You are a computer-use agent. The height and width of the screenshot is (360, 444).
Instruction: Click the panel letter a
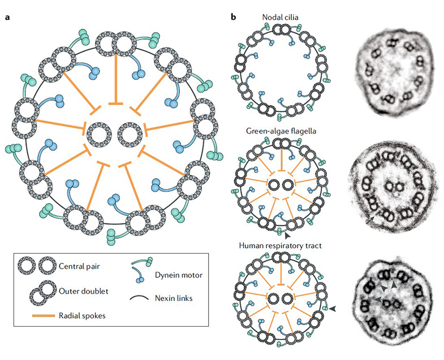coord(7,17)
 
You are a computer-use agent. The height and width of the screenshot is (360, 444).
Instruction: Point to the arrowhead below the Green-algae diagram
coord(288,234)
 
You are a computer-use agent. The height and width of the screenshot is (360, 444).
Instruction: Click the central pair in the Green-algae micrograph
coord(390,185)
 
